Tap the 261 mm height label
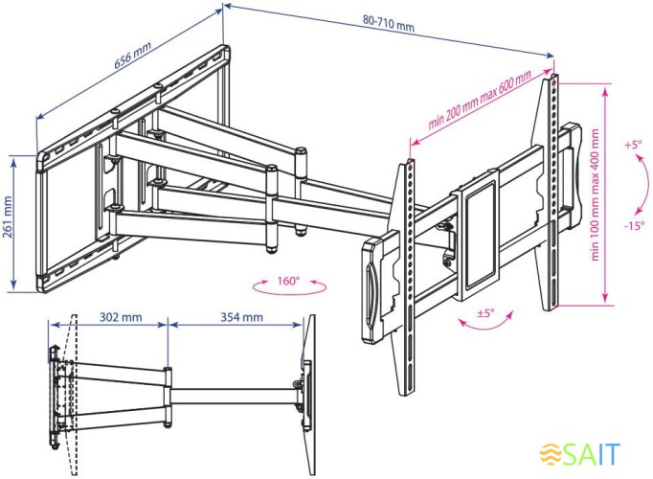(x=9, y=219)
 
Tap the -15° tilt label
(x=633, y=226)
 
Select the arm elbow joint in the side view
(x=168, y=389)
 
